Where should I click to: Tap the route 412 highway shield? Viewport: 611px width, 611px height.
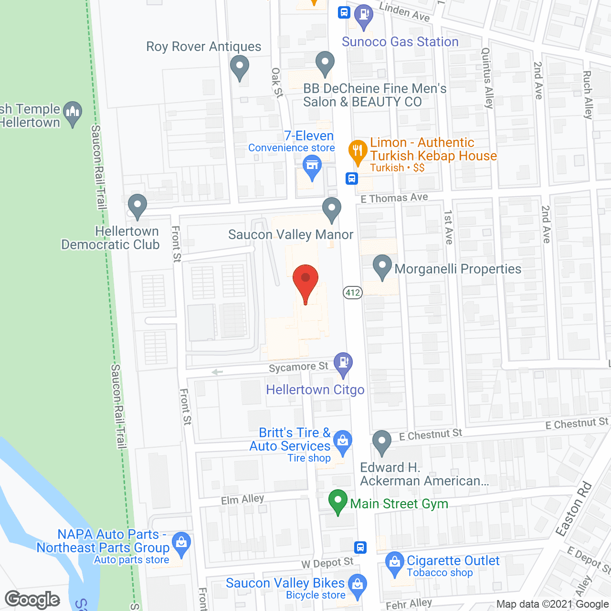point(353,292)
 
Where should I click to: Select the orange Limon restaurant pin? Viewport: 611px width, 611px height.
point(358,152)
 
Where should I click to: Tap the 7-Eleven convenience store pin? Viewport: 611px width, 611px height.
point(312,168)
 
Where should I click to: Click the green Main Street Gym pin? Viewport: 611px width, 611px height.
point(338,502)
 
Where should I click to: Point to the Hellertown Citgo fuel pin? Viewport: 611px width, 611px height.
point(343,364)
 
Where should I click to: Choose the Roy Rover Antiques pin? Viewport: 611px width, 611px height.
point(240,67)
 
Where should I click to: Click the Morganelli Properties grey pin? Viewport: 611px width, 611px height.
point(382,267)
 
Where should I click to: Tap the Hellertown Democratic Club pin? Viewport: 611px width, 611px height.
point(137,206)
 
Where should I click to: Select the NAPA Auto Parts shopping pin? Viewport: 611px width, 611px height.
point(181,544)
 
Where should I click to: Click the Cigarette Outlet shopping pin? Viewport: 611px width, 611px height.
point(395,563)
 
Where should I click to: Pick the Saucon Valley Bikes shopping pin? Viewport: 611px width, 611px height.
point(357,586)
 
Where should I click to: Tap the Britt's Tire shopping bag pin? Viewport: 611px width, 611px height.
point(342,442)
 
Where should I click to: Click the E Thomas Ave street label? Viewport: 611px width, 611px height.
point(394,198)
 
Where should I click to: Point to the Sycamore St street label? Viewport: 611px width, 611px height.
point(298,367)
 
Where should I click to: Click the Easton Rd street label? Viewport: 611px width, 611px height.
point(574,509)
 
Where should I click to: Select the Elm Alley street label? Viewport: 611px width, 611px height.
point(242,499)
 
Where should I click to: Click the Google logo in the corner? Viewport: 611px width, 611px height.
point(32,600)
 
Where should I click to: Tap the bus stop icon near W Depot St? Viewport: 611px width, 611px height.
point(360,547)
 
